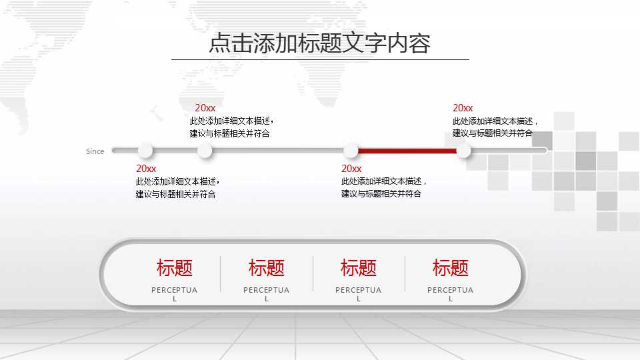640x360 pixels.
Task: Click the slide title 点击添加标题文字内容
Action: click(320, 43)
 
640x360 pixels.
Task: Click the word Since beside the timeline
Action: click(95, 151)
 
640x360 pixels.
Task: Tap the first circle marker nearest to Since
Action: click(145, 151)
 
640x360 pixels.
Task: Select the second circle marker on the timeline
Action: click(205, 151)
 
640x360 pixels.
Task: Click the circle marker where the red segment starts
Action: click(351, 151)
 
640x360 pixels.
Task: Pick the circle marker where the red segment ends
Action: click(463, 151)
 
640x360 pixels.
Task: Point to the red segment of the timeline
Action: click(407, 151)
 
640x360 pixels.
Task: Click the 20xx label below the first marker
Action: click(146, 169)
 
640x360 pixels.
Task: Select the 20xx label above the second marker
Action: click(205, 108)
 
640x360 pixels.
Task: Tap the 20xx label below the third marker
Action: click(351, 169)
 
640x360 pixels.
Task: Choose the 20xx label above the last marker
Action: click(463, 108)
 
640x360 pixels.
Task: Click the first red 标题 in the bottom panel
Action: click(175, 268)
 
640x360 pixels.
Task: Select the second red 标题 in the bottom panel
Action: click(267, 268)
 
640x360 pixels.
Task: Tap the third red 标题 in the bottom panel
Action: click(359, 268)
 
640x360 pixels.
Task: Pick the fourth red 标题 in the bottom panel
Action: click(451, 268)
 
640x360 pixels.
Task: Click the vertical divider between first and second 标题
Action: click(221, 273)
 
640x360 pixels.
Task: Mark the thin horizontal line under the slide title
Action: click(320, 59)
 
